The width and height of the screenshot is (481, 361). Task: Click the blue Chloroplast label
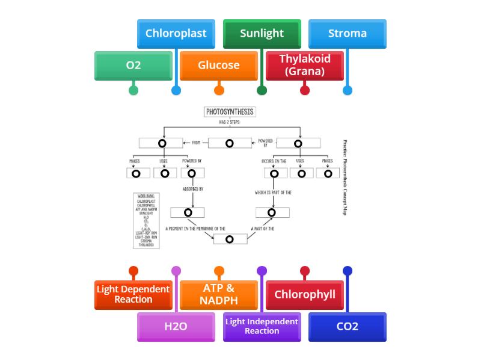point(176,33)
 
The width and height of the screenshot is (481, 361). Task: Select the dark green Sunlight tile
point(262,33)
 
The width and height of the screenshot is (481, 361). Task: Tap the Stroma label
point(347,33)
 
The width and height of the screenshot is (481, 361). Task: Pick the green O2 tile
point(133,65)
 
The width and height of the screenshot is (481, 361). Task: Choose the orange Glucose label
point(219,65)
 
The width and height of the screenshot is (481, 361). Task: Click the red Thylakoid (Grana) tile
point(304,65)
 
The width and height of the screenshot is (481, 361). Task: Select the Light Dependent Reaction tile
point(133,295)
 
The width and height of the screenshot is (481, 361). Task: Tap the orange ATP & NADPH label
point(219,295)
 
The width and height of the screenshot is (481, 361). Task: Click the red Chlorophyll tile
point(304,295)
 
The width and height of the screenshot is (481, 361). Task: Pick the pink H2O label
point(176,327)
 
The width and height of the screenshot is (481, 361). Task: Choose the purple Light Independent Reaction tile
point(262,327)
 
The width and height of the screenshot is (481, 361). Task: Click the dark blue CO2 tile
point(347,327)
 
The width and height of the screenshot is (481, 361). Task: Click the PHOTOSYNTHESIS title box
point(230,112)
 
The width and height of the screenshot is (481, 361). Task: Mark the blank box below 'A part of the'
point(230,239)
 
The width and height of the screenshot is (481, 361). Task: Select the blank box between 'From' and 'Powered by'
point(230,143)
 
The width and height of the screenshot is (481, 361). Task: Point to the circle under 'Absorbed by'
point(188,212)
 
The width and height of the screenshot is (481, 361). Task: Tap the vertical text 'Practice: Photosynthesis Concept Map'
point(345,177)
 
